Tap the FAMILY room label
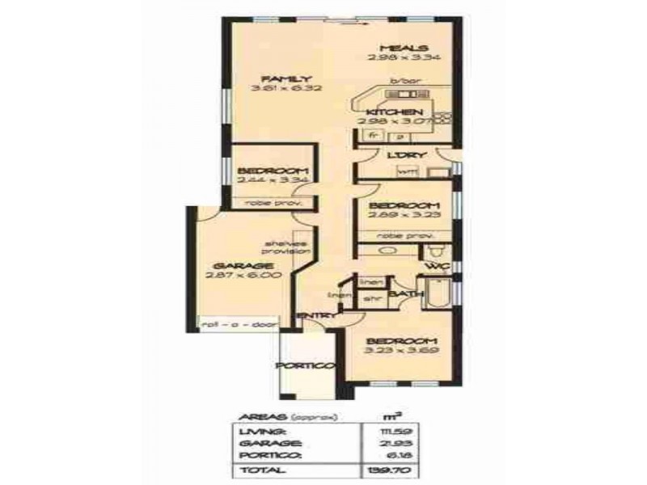[272, 78]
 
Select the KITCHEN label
[393, 112]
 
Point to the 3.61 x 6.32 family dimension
[272, 88]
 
